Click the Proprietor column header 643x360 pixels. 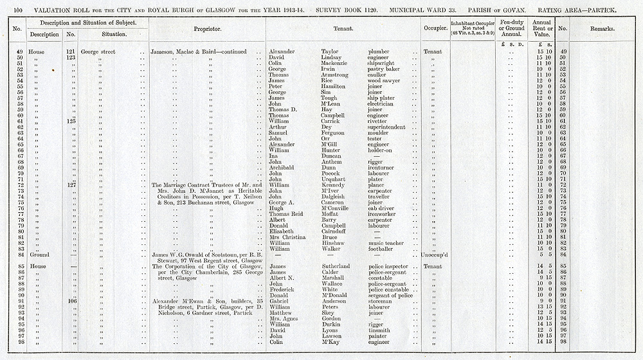[x=208, y=29]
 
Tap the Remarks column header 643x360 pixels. [x=602, y=29]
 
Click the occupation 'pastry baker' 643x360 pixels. [x=384, y=69]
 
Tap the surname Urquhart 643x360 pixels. [x=334, y=179]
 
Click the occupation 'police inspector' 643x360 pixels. [x=390, y=266]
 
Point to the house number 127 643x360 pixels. [x=71, y=185]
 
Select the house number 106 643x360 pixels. [x=71, y=301]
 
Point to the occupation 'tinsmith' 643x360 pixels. [x=379, y=330]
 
